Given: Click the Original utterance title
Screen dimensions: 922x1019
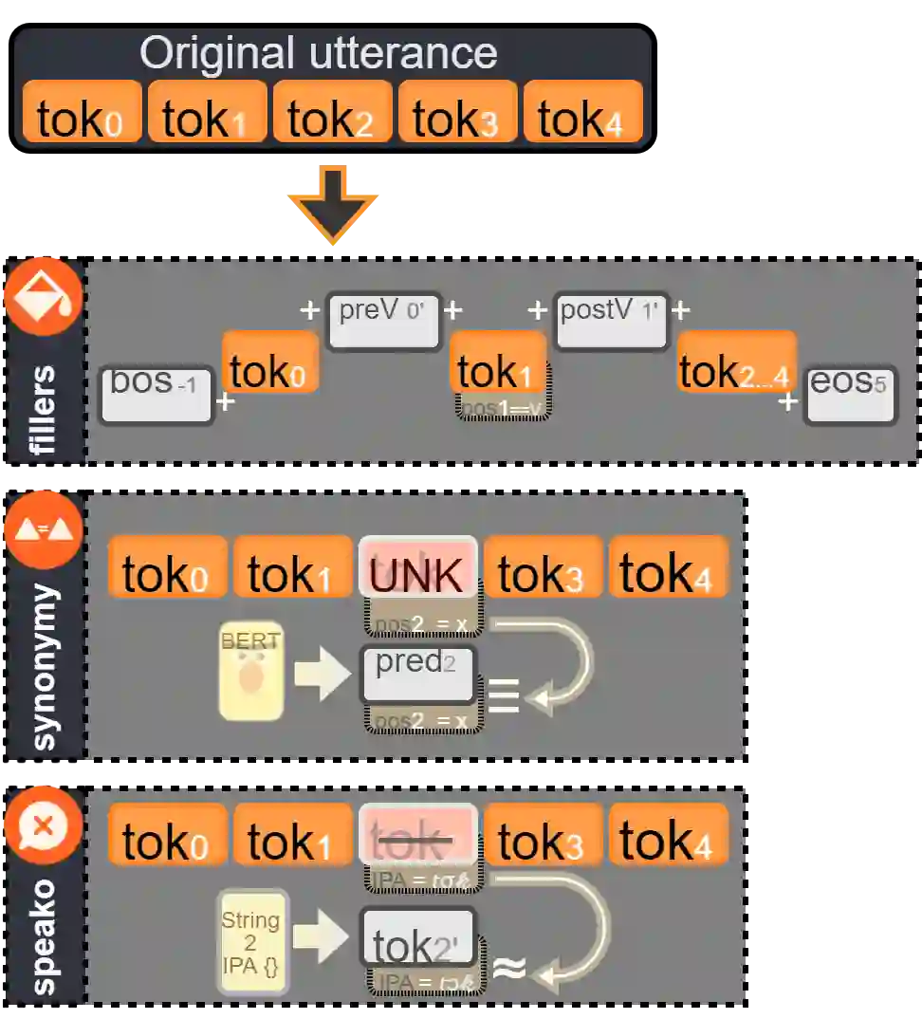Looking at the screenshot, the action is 319,53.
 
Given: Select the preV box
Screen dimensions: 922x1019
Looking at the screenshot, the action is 384,321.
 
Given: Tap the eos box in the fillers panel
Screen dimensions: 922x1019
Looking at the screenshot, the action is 850,393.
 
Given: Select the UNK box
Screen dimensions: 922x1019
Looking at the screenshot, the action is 417,567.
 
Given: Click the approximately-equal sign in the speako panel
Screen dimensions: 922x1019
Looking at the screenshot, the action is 510,968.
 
